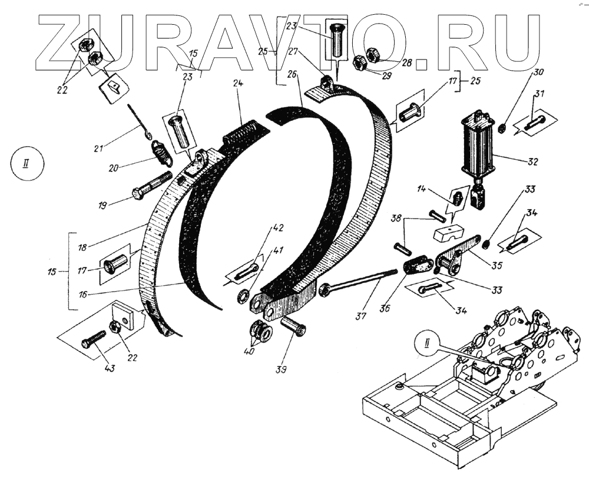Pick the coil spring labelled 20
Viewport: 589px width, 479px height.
pyautogui.click(x=161, y=154)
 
